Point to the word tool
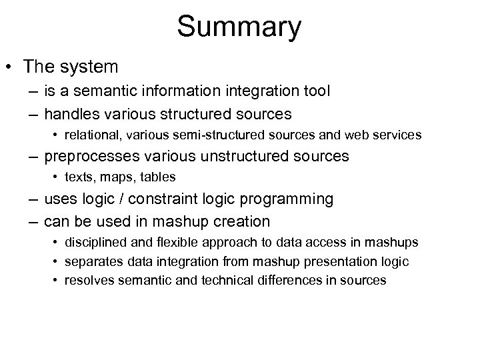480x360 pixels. click(317, 91)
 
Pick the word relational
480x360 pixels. click(89, 135)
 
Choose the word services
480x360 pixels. click(397, 135)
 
